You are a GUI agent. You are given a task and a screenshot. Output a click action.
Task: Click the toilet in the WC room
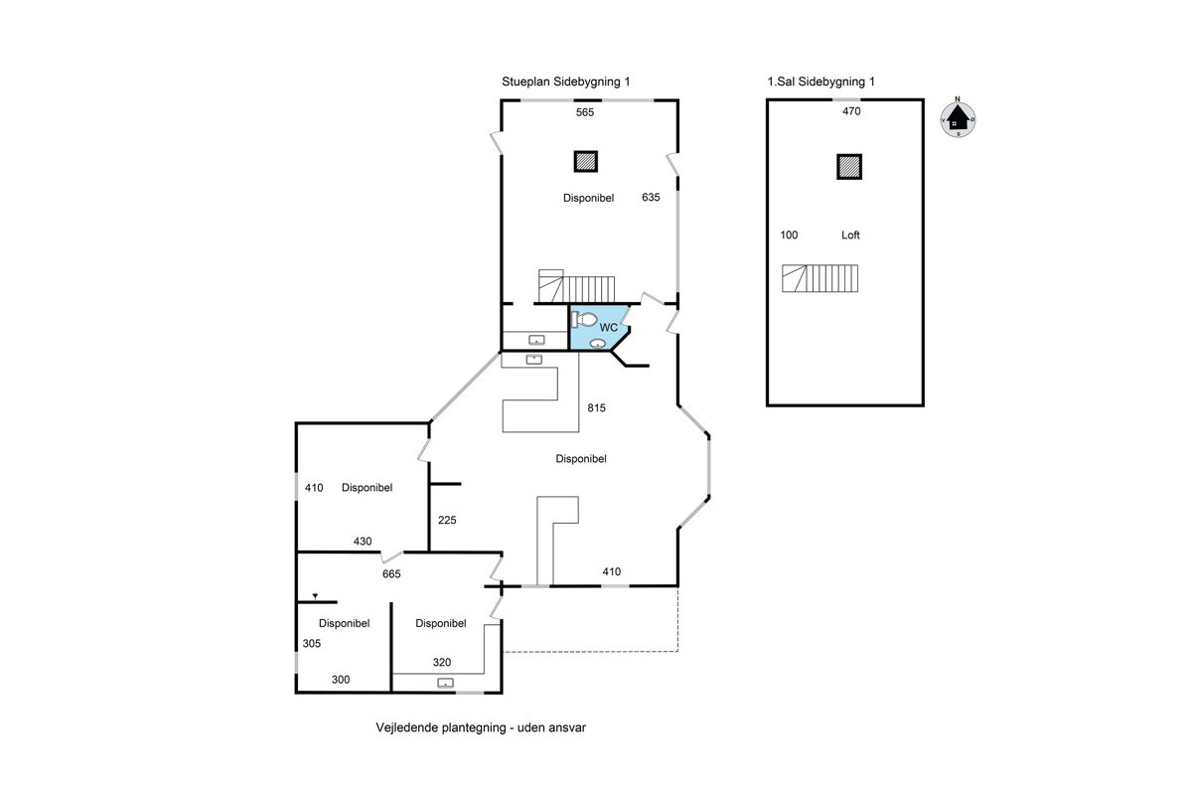[x=584, y=320]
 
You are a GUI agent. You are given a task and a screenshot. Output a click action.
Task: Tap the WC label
[x=608, y=328]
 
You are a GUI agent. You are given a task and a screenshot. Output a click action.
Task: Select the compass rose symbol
[x=958, y=118]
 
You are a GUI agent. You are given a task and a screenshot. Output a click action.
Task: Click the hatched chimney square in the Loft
[x=848, y=167]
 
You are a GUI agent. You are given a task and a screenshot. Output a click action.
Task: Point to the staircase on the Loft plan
[x=819, y=278]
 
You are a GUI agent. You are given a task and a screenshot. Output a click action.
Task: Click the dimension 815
[x=597, y=407]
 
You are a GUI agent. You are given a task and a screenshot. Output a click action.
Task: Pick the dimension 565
[x=585, y=112]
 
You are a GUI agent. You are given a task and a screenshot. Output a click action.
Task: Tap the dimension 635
[x=651, y=197]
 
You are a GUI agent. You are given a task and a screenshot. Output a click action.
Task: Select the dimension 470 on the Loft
[x=851, y=111]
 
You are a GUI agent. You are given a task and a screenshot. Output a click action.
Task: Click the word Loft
[x=850, y=235]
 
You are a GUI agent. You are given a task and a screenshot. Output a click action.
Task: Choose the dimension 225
[x=447, y=521]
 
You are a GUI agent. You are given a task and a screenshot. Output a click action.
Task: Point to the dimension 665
[x=391, y=574]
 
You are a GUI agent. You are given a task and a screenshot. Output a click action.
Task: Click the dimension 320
[x=442, y=663]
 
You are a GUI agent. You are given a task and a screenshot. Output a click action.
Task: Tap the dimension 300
[x=341, y=680]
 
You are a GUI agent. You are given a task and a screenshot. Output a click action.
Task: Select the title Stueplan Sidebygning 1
[x=565, y=81]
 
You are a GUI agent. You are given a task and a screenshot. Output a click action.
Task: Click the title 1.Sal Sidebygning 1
[x=820, y=81]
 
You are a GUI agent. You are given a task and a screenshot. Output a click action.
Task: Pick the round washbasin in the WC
[x=598, y=344]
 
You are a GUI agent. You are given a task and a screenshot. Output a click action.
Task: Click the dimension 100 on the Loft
[x=789, y=235]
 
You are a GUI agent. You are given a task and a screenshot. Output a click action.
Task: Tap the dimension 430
[x=363, y=542]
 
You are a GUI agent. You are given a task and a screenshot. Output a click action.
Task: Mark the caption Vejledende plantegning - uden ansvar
[x=481, y=727]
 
